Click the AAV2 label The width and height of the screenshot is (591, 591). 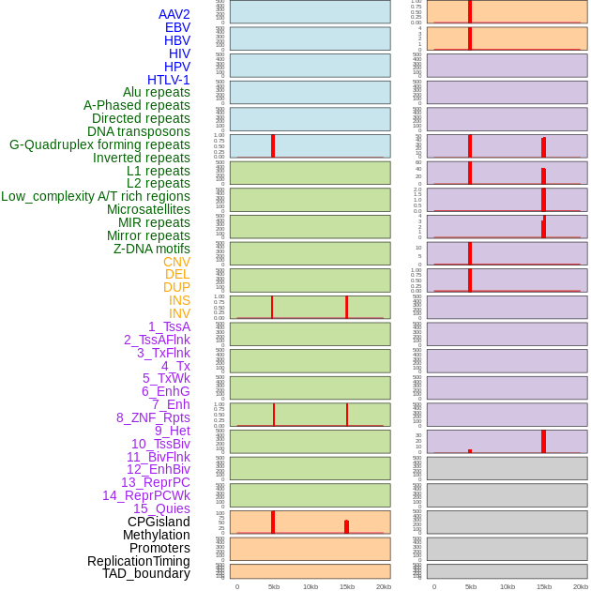[174, 14]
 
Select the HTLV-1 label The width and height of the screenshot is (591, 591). [169, 80]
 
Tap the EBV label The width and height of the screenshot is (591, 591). [177, 27]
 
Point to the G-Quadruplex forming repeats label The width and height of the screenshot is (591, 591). [99, 144]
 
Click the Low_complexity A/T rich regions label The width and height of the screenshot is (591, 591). [96, 196]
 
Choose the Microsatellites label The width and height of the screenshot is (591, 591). [148, 209]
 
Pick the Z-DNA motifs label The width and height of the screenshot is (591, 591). [152, 249]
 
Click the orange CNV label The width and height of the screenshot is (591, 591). [176, 262]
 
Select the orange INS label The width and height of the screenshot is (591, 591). [179, 300]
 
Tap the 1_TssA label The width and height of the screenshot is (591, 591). [169, 326]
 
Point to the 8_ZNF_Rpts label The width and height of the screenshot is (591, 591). [153, 417]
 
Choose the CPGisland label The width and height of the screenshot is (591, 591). [159, 522]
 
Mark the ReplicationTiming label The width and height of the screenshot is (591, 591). [139, 561]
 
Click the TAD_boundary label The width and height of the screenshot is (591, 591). [146, 573]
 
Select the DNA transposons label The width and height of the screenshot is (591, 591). [139, 131]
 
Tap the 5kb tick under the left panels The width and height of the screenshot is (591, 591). [274, 586]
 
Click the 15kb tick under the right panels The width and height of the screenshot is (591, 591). [544, 586]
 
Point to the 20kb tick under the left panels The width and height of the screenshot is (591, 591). [384, 586]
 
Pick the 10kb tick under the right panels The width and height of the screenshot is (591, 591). [508, 586]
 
